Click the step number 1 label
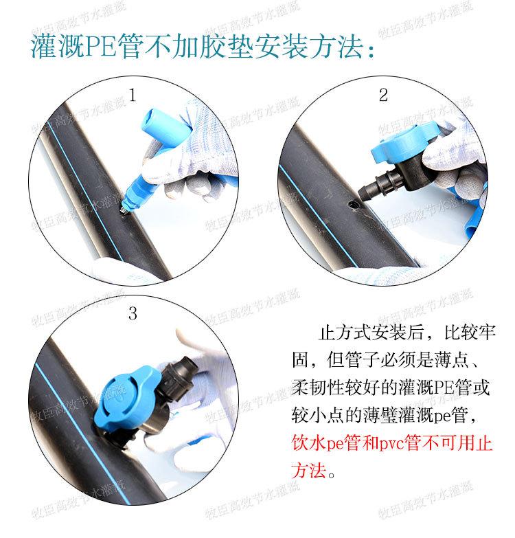coord(133,95)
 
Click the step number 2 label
coord(383,95)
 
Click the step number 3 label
coord(133,313)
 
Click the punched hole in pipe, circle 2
coord(354,205)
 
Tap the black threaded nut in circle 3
coord(179,373)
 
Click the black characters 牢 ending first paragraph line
coord(487,332)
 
